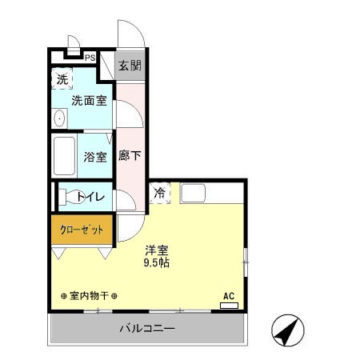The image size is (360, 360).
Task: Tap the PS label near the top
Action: [x=90, y=58]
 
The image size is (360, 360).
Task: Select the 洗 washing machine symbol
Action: [x=62, y=79]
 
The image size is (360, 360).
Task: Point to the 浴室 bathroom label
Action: [x=95, y=157]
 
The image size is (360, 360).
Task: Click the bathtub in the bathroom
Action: [x=64, y=156]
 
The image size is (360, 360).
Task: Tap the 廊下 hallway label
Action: [x=130, y=156]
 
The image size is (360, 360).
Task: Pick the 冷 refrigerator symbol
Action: [x=159, y=193]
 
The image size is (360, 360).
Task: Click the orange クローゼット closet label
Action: [x=82, y=230]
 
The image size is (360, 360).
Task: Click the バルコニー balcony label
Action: [x=148, y=328]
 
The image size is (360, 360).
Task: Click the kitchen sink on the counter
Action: [x=193, y=193]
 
